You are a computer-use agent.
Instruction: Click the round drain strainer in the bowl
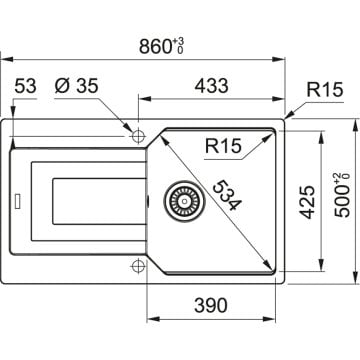pyautogui.click(x=182, y=201)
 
